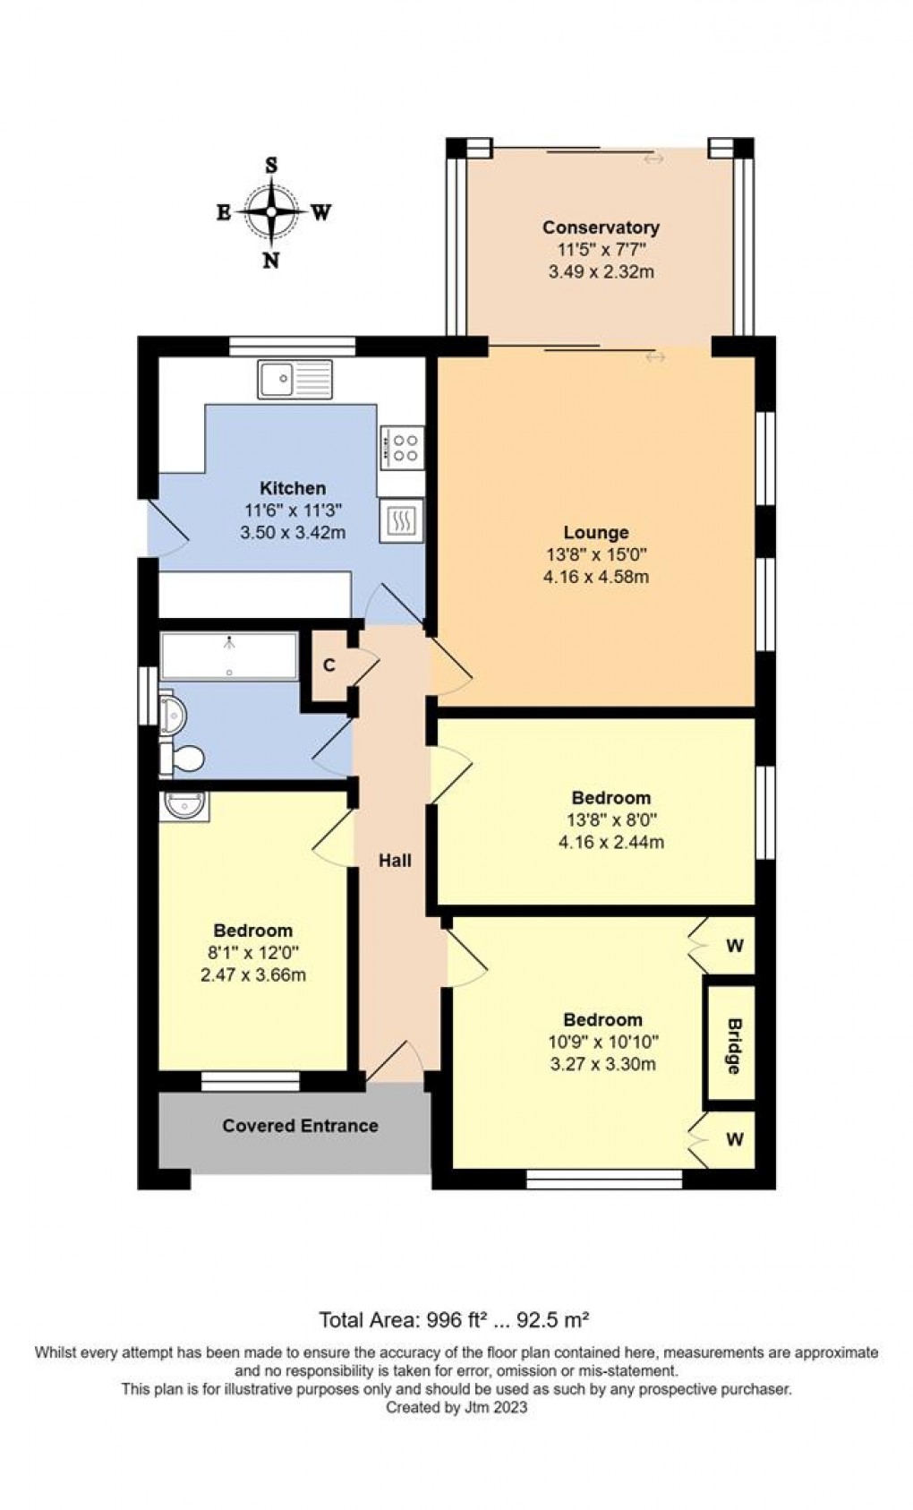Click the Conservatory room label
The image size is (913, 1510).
[x=601, y=227]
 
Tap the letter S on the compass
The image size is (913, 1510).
[x=271, y=166]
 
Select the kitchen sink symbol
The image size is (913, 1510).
[x=294, y=379]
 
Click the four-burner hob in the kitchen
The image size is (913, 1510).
[x=401, y=447]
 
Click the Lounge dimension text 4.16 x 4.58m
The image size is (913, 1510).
[x=595, y=577]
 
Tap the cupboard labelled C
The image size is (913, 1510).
[x=329, y=665]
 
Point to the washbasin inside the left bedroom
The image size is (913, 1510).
[x=185, y=806]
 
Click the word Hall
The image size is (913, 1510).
[x=395, y=861]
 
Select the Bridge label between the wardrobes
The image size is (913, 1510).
[x=733, y=1046]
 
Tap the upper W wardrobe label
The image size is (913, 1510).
[x=735, y=946]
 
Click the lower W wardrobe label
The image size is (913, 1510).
[x=735, y=1139]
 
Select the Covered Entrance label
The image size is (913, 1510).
[x=300, y=1126]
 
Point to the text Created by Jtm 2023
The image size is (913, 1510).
[x=456, y=1407]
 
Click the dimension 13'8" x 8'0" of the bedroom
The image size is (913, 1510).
[x=611, y=819]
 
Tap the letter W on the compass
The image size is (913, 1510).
[x=321, y=212]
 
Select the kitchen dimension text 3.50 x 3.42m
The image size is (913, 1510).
[x=293, y=533]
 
